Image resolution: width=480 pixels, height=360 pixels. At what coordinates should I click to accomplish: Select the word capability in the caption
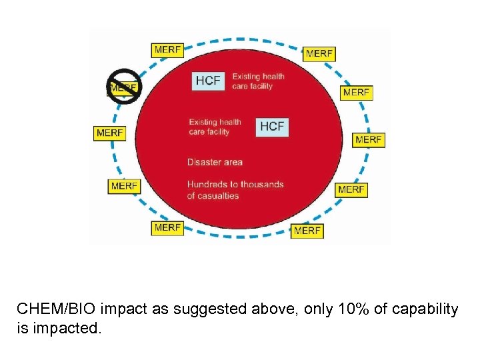coord(425,310)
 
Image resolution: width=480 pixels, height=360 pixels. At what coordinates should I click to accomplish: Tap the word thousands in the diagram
coord(262,184)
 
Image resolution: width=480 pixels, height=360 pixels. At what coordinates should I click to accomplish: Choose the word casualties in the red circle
coord(223,195)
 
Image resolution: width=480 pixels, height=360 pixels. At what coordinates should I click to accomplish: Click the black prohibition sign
coord(124,87)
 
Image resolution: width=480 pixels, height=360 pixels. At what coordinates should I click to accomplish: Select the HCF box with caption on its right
coord(207,81)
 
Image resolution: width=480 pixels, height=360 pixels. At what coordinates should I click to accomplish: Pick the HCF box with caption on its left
coord(272,126)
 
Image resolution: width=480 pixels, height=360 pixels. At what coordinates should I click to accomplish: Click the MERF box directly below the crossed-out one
coord(109,133)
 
